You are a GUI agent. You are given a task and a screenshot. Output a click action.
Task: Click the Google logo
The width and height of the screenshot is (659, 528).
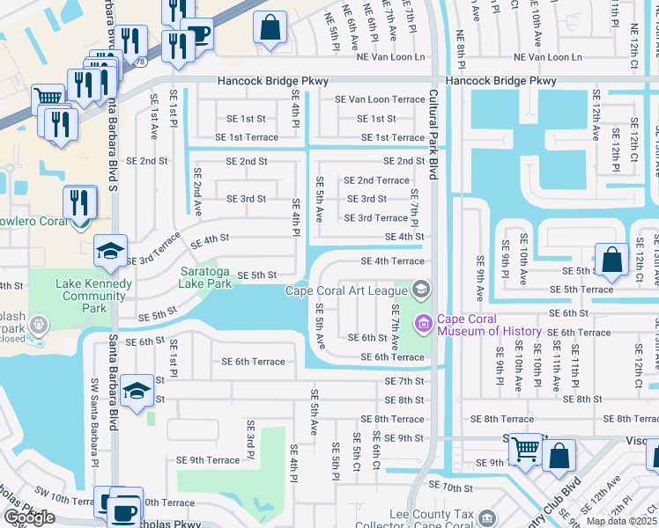click(29, 517)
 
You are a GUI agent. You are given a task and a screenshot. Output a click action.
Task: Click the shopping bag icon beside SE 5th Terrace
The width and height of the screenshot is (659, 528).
click(611, 259)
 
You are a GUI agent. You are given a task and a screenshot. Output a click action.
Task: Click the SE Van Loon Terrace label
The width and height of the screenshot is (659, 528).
click(380, 99)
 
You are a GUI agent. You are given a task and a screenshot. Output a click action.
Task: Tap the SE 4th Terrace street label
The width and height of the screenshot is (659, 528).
click(392, 261)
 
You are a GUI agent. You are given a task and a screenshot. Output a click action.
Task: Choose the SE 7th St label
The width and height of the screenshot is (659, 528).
click(404, 381)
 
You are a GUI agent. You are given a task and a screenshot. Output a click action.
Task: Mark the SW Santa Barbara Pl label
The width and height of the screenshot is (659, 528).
click(94, 422)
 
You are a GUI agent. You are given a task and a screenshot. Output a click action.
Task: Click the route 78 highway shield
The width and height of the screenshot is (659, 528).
click(141, 62)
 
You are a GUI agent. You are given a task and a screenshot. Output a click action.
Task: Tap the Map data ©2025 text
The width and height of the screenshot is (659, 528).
click(621, 521)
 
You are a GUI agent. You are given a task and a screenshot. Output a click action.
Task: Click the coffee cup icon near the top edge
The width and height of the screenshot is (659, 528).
click(197, 34)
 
